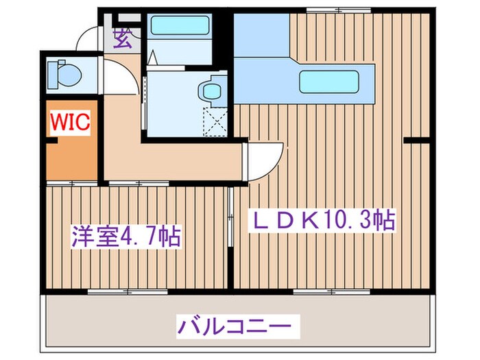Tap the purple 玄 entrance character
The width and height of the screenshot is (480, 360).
coord(123,39)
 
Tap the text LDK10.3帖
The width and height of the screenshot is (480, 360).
coord(320,221)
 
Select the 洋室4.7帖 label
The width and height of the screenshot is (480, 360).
coord(125,237)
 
